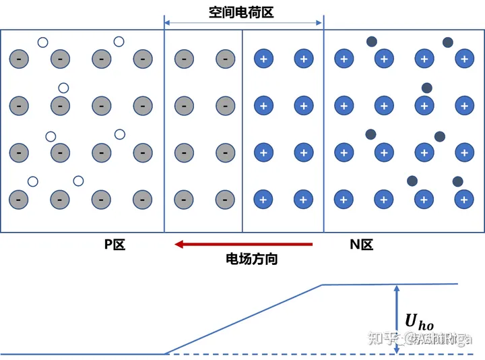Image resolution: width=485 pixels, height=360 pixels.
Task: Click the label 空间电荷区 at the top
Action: coord(240,11)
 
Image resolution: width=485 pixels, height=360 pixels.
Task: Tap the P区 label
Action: coord(115,245)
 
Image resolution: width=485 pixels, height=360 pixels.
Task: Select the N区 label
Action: coord(361,245)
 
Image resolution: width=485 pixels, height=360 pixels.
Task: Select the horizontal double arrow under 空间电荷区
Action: coord(244,24)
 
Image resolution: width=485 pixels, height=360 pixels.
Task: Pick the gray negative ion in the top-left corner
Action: coord(19,59)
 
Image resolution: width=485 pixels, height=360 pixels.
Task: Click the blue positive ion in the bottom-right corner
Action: coord(463,199)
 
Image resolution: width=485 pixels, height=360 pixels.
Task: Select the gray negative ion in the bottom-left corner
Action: coord(19,199)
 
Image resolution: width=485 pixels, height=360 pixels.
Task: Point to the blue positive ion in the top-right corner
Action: coord(463,59)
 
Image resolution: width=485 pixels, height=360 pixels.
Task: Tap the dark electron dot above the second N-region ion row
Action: coord(426,88)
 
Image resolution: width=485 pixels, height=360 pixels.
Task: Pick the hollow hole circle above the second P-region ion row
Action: coord(64,88)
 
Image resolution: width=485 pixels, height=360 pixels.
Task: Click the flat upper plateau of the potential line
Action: coord(391,284)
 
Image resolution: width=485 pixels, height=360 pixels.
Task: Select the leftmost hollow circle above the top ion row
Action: coord(42,42)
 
